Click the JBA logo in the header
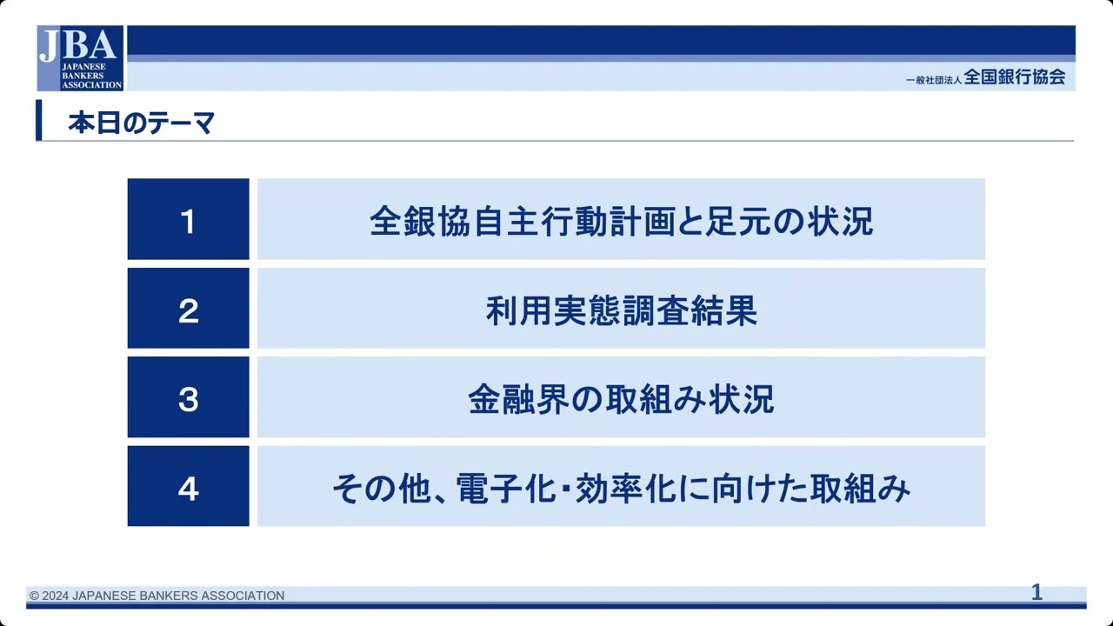79,57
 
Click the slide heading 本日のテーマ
141,123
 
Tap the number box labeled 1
188,219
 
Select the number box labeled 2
188,309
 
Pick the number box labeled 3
188,398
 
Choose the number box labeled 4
188,487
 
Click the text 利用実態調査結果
621,310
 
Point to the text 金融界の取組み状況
621,399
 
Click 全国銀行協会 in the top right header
1014,77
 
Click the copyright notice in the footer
157,596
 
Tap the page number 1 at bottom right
1036,593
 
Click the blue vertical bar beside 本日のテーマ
39,120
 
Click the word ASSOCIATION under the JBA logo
91,85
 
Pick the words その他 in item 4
383,489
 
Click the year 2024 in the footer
56,596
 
